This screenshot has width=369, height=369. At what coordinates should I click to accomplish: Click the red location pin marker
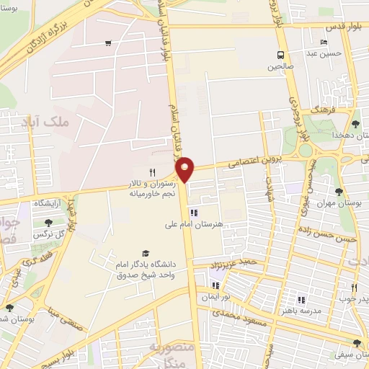[185, 169]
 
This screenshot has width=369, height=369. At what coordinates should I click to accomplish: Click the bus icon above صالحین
[281, 55]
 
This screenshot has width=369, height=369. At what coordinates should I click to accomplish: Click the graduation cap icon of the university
[146, 254]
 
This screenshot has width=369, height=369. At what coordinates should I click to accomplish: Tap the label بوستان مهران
[339, 204]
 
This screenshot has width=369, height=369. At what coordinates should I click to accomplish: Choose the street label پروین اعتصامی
[237, 164]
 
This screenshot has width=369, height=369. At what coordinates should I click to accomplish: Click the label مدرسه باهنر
[301, 311]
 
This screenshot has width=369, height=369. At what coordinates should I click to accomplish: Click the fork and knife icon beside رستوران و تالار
[152, 172]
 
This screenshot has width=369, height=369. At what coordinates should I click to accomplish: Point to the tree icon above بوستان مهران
[339, 192]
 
